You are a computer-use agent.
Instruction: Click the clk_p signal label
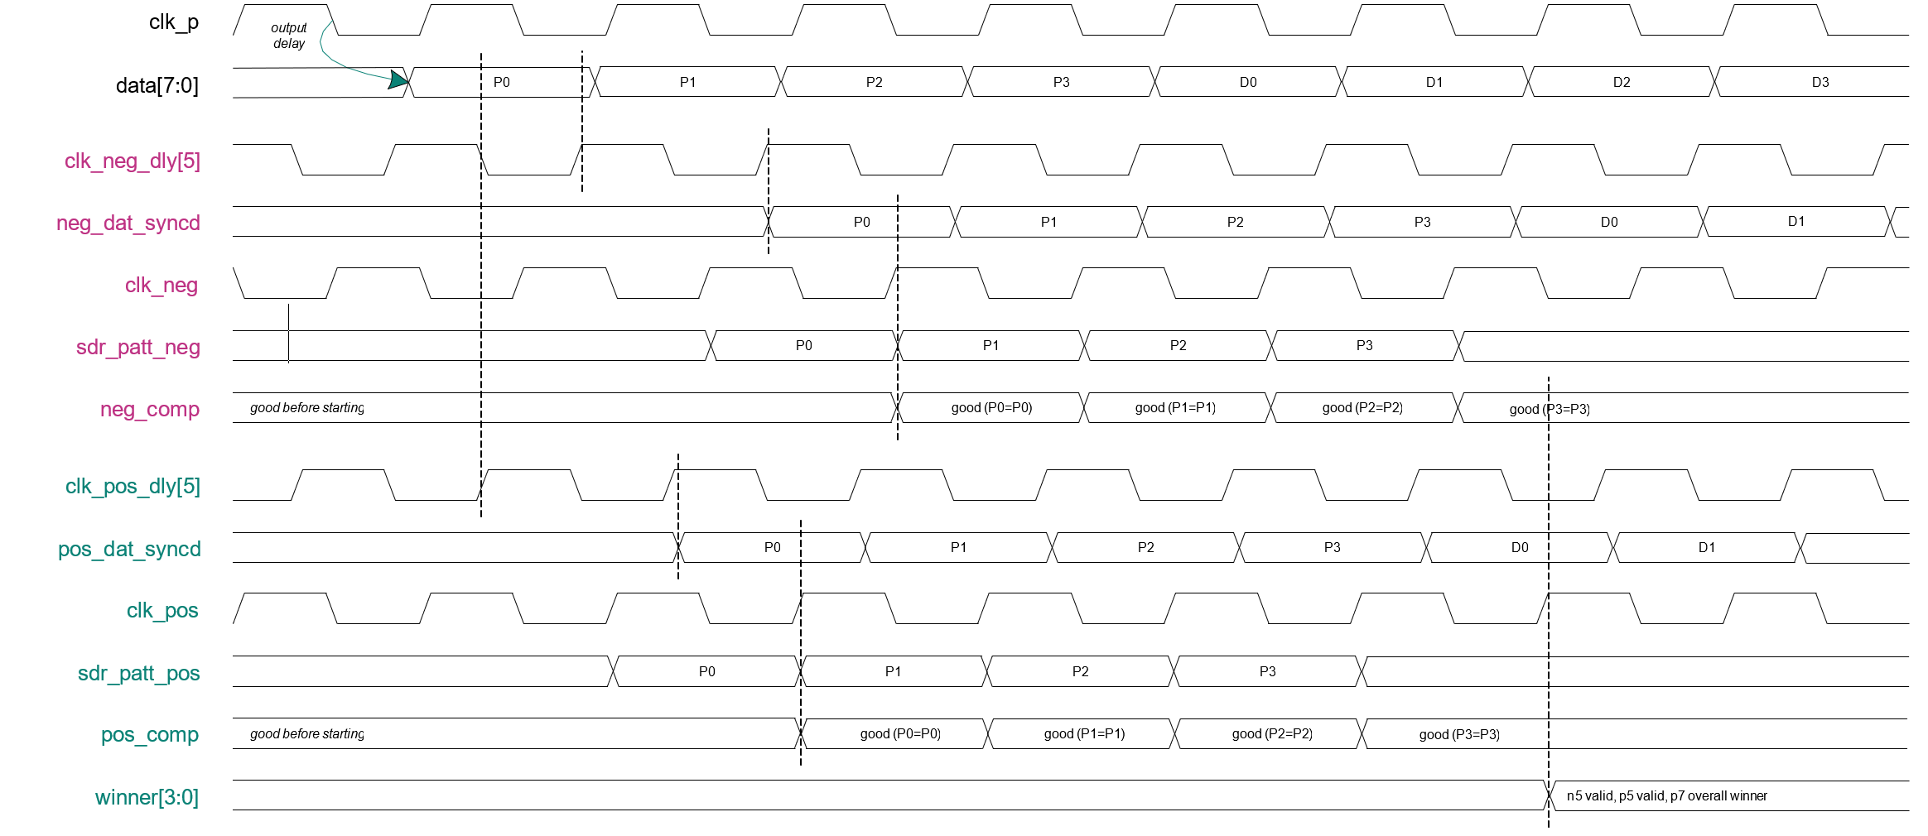[174, 22]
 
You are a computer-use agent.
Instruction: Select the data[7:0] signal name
[157, 85]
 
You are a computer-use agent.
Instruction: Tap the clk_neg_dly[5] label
[133, 161]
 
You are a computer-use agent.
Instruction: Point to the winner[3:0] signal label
[147, 797]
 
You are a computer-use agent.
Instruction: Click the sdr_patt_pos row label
[138, 673]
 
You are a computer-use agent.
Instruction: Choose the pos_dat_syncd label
[129, 549]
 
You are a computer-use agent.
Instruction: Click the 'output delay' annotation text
[289, 36]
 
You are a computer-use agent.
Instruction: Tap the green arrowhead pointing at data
[399, 79]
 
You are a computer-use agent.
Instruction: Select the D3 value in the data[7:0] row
[1820, 82]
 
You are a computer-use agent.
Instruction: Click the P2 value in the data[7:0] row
[875, 82]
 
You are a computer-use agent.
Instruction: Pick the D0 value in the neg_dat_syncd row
[1609, 222]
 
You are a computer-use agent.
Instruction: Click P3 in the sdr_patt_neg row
[1365, 345]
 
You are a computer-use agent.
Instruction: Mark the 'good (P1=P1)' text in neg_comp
[1175, 407]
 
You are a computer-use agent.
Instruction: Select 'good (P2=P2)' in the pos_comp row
[1272, 733]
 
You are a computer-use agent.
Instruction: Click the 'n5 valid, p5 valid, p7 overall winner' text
[1667, 795]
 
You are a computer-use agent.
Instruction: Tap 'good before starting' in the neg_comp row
[307, 407]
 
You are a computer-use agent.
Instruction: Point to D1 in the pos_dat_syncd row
[1707, 547]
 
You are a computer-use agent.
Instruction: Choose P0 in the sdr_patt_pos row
[707, 671]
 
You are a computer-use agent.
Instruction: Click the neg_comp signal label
[150, 409]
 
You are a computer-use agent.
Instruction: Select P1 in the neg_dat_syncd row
[1049, 222]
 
